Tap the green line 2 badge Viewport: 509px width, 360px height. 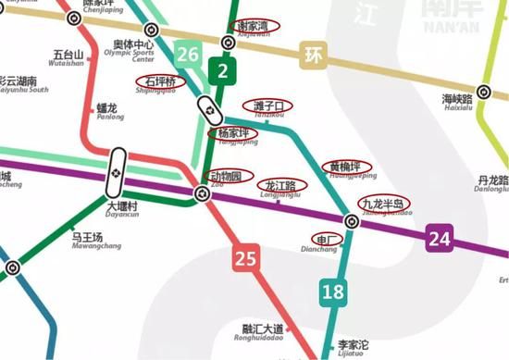[222, 69]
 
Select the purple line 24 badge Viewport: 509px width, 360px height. [439, 240]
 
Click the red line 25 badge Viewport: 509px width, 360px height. [244, 259]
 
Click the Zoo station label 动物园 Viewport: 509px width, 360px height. [223, 176]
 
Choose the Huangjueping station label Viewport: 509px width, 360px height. [353, 169]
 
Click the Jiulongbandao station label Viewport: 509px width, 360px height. [383, 205]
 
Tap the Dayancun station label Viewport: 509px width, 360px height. [121, 210]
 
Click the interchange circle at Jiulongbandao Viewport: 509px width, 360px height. [352, 221]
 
